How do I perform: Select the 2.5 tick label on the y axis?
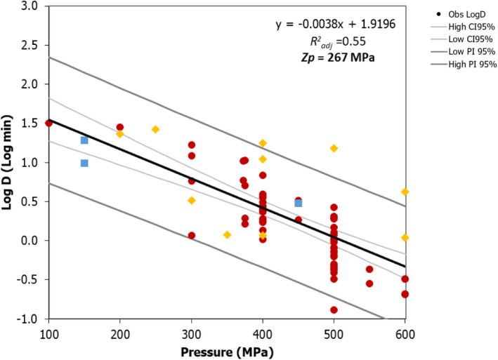point(32,45)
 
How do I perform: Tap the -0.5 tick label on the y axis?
point(30,279)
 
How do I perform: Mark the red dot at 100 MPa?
point(48,123)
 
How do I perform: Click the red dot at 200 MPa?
point(120,127)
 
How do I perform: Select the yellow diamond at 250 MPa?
point(155,129)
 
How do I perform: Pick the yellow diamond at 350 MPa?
point(227,234)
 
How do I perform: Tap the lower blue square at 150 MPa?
point(84,163)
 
